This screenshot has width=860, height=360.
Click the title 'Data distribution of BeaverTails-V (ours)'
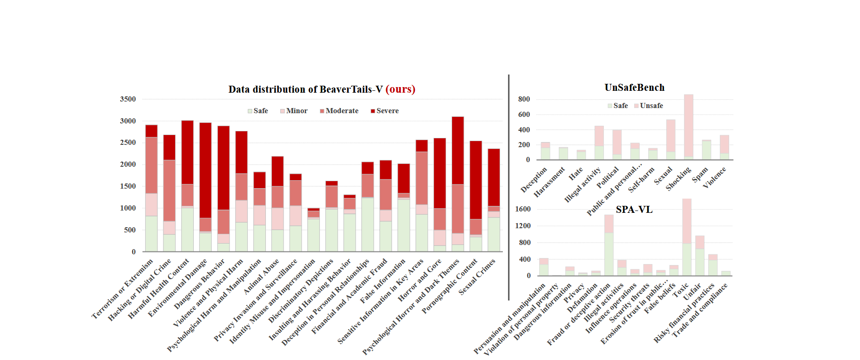pos(322,89)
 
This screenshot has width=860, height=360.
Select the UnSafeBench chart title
pos(634,88)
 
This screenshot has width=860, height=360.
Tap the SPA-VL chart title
pos(634,210)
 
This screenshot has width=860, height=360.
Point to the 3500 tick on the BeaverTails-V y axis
pos(128,99)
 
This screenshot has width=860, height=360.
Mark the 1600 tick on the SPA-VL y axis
pos(523,209)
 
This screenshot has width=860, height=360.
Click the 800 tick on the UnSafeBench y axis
pos(524,99)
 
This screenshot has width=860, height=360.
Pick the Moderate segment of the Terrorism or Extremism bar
pos(151,165)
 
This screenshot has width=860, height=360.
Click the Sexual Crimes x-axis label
pos(478,277)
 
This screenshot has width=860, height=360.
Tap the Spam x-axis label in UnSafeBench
pos(700,175)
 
